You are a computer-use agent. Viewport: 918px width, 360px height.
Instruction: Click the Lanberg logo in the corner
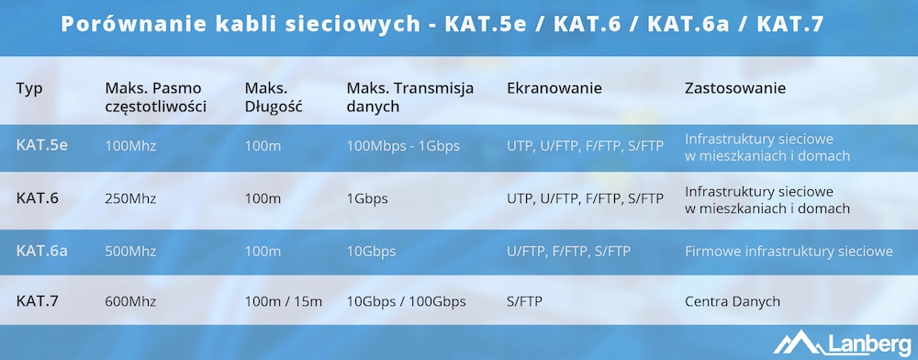(842, 342)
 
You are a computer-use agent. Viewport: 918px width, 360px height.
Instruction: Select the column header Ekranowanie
(554, 88)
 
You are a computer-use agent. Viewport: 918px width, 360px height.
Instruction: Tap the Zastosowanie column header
(734, 88)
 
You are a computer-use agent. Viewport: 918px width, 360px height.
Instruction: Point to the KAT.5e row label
(41, 144)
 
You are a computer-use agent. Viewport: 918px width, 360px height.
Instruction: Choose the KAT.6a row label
(41, 251)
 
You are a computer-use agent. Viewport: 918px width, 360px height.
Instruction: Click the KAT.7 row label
(38, 301)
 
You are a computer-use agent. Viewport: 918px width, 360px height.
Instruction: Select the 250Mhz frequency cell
(130, 198)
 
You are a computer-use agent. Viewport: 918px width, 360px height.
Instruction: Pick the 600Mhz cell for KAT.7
(130, 301)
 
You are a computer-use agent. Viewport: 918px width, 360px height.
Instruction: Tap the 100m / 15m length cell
(284, 301)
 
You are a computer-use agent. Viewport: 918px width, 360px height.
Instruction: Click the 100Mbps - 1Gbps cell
(403, 145)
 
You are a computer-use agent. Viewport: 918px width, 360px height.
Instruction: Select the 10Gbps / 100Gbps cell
(407, 302)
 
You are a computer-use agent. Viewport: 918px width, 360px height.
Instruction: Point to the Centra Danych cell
(733, 301)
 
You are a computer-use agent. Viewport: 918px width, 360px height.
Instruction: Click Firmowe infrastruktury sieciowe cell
(789, 251)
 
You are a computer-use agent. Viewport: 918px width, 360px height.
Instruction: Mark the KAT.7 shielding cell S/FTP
(524, 301)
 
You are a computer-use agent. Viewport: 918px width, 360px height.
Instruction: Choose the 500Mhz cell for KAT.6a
(130, 251)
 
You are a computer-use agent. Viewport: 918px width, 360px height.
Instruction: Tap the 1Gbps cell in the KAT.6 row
(367, 199)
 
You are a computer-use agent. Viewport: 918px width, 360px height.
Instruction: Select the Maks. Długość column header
(274, 97)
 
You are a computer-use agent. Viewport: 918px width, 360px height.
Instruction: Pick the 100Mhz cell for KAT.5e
(130, 145)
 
